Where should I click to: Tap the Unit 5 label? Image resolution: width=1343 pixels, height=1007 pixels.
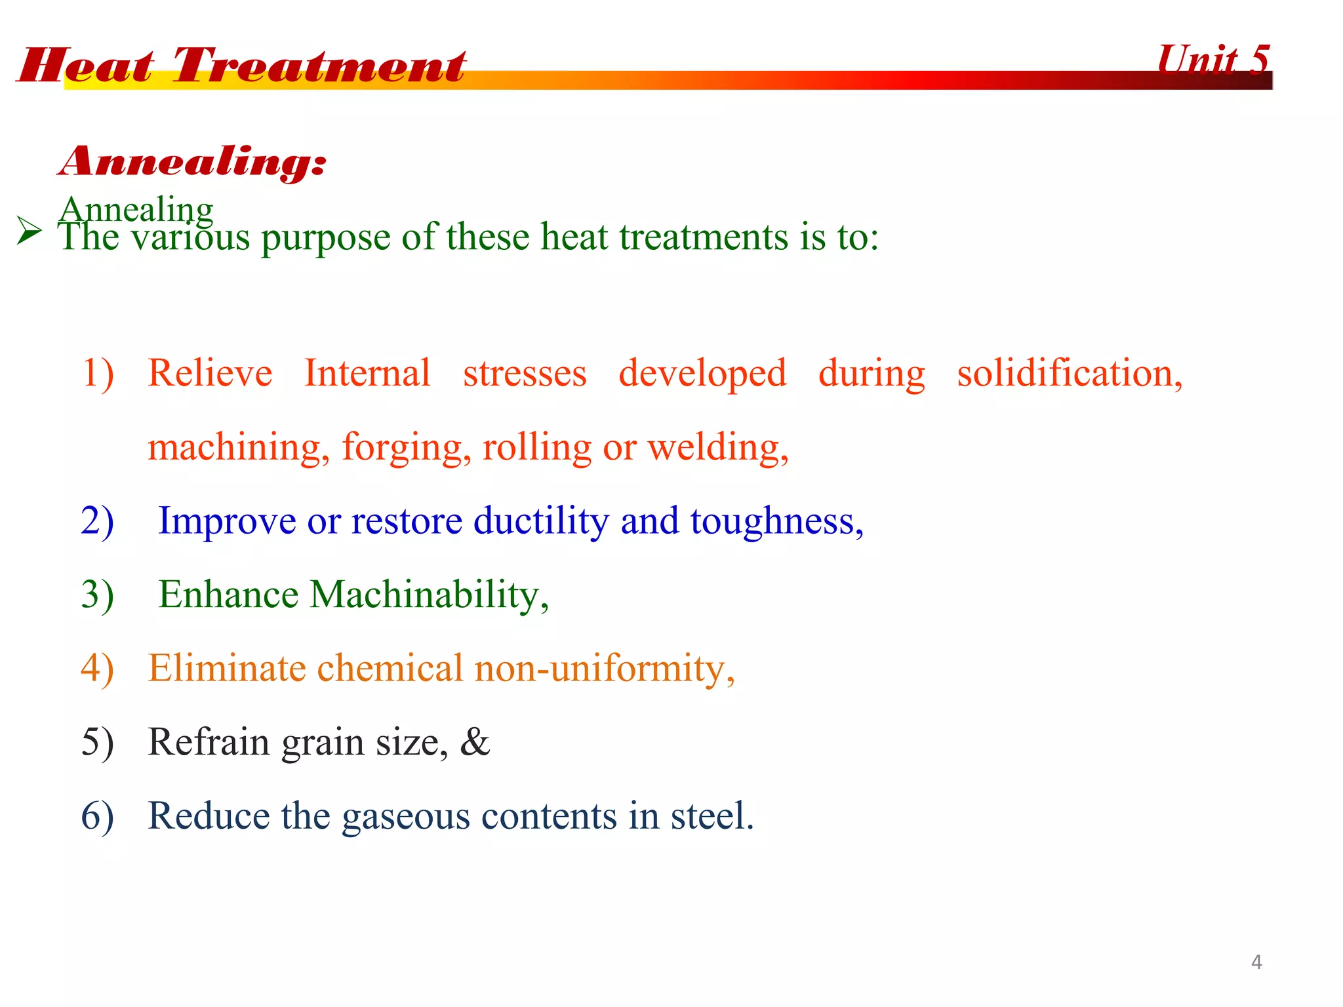(x=1213, y=60)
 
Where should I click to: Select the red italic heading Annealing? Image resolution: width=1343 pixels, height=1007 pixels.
(x=192, y=161)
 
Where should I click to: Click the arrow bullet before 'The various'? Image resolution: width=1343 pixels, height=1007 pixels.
(x=29, y=231)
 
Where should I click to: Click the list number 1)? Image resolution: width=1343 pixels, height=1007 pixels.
(x=98, y=374)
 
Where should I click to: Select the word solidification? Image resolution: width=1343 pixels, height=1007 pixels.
(x=1069, y=374)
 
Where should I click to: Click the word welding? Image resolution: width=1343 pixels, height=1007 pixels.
(x=717, y=448)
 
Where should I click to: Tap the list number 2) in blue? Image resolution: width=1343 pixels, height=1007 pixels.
(x=98, y=521)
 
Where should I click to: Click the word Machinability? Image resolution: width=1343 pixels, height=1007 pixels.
(x=428, y=595)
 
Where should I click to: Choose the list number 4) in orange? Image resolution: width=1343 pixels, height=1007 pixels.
(x=98, y=669)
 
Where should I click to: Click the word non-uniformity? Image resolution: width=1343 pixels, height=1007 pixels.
(x=603, y=669)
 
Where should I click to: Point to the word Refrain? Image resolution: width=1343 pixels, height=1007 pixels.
(x=209, y=742)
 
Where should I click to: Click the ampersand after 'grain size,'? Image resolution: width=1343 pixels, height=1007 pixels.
(x=475, y=742)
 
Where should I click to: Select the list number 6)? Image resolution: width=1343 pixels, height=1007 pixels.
(x=98, y=816)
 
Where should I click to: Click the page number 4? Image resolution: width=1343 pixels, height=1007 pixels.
(x=1256, y=962)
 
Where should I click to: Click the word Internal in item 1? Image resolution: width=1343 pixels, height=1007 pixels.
(x=367, y=374)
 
